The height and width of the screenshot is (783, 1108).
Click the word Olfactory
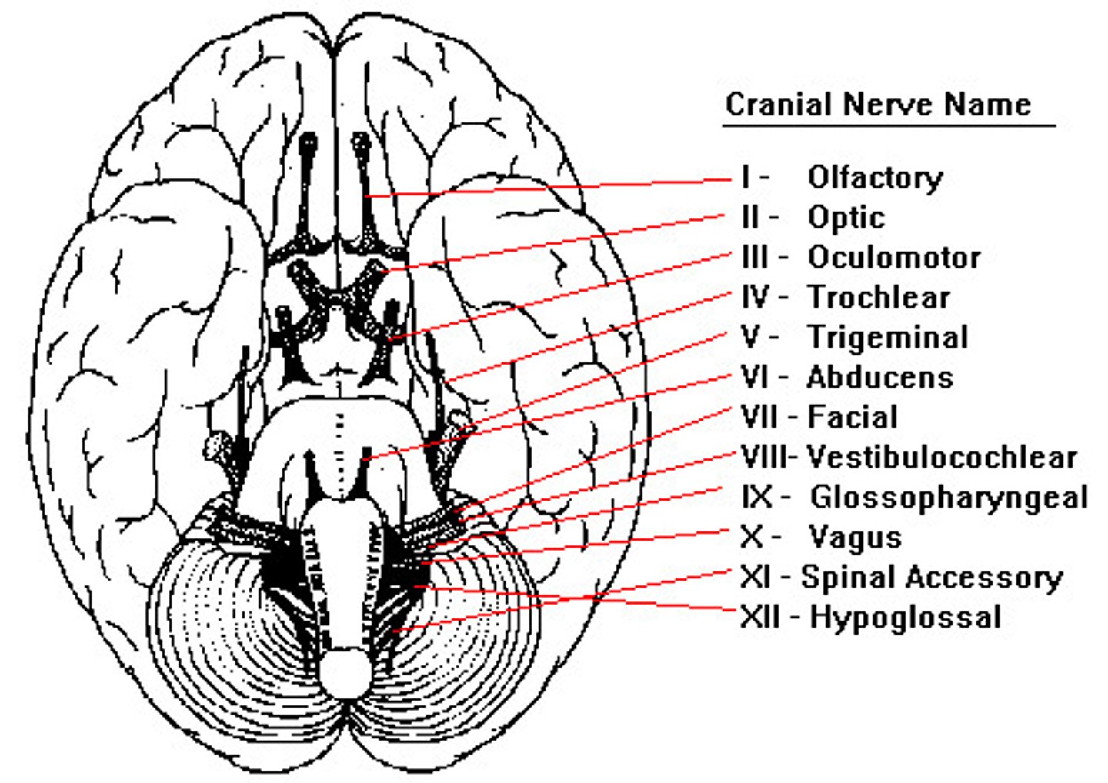click(875, 178)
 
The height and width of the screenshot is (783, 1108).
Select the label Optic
click(846, 218)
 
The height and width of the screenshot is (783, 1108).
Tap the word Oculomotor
click(893, 258)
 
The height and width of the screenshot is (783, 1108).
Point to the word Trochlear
click(878, 298)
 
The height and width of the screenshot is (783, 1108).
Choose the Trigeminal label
click(887, 338)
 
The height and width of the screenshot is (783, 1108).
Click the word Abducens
click(879, 378)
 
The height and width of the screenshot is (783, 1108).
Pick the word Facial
click(853, 418)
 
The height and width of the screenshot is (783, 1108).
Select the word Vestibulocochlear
click(941, 458)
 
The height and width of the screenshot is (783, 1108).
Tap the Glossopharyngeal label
click(949, 498)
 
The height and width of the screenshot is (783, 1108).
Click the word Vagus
click(855, 538)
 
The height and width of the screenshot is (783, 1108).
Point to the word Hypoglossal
click(906, 618)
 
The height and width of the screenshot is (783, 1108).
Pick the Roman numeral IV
click(756, 298)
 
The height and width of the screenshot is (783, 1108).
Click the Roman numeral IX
click(756, 498)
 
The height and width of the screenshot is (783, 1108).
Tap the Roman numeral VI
click(756, 378)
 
